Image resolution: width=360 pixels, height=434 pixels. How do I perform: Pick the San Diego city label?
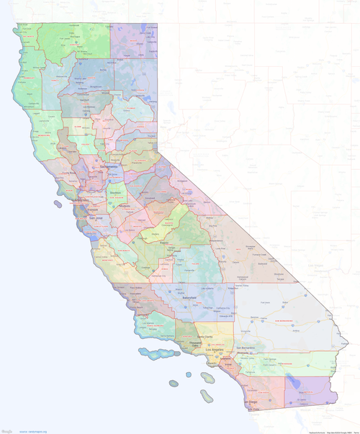pos(250,402)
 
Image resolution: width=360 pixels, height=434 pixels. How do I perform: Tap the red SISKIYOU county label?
pos(68,36)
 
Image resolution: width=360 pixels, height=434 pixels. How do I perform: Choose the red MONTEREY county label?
pos(108,256)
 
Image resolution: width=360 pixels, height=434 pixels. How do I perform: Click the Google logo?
pos(6,430)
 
